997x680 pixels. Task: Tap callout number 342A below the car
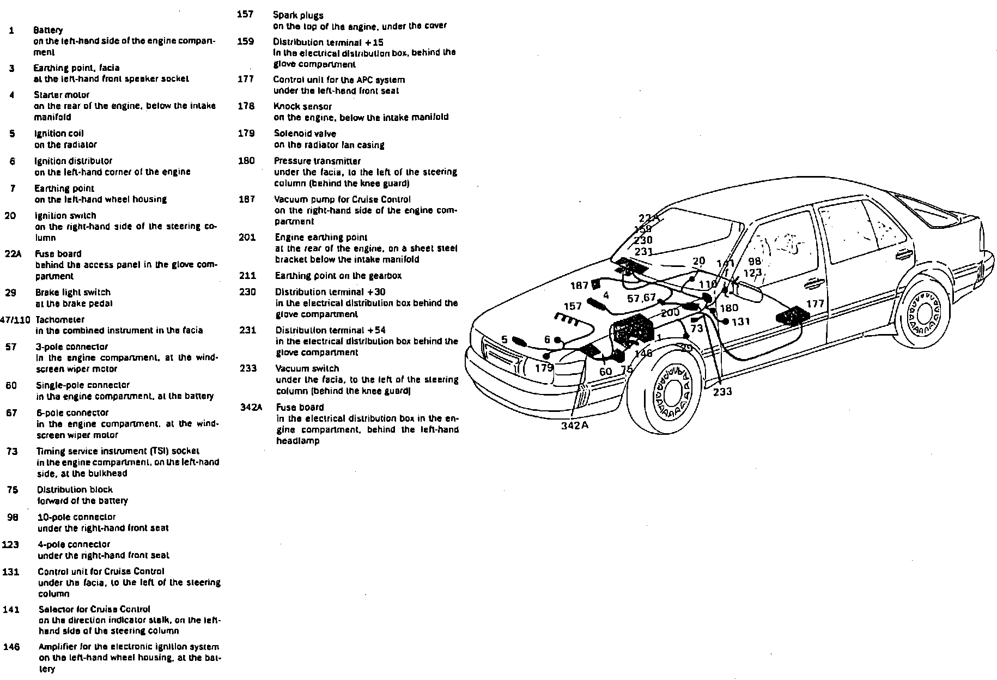click(x=574, y=426)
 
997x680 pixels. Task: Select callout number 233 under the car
click(x=722, y=391)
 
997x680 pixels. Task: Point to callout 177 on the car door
click(x=815, y=303)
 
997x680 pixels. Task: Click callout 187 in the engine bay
click(x=579, y=285)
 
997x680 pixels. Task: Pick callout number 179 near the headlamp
click(x=544, y=367)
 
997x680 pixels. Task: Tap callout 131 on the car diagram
click(x=741, y=321)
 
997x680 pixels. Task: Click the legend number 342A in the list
click(x=251, y=407)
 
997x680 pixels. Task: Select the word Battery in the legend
click(x=48, y=30)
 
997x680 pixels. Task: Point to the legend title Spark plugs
click(x=298, y=15)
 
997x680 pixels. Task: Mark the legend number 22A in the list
click(x=13, y=253)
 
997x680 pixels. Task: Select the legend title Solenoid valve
click(x=305, y=133)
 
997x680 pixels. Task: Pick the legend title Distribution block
click(x=75, y=489)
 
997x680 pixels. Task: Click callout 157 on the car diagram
click(x=572, y=306)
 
